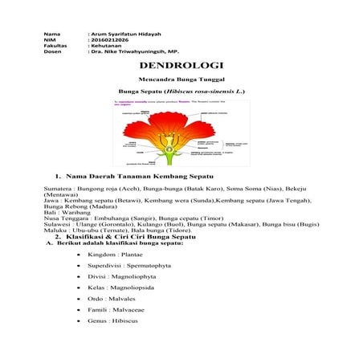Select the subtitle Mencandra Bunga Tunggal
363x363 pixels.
(x=181, y=80)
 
